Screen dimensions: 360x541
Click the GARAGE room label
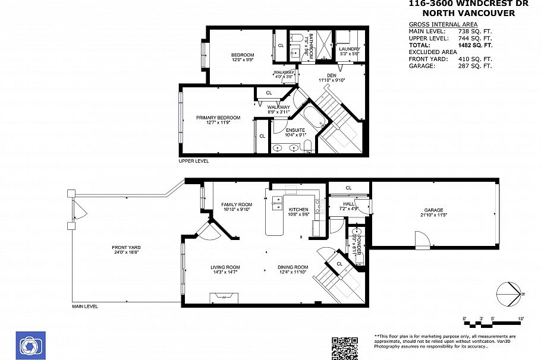pyautogui.click(x=434, y=210)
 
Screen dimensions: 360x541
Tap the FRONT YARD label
pyautogui.click(x=126, y=248)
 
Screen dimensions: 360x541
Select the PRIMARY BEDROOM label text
pyautogui.click(x=218, y=118)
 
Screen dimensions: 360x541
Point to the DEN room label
pyautogui.click(x=331, y=75)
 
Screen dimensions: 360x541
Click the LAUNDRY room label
pyautogui.click(x=349, y=49)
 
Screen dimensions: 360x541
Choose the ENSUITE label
pyautogui.click(x=295, y=130)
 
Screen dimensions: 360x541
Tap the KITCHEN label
pyautogui.click(x=298, y=210)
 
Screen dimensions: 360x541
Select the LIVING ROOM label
pyautogui.click(x=225, y=267)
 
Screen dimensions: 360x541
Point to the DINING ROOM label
pyautogui.click(x=293, y=267)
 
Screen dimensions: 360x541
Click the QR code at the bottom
pyautogui.click(x=345, y=348)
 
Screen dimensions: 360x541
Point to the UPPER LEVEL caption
pyautogui.click(x=194, y=161)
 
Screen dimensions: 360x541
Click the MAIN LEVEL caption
pyautogui.click(x=85, y=307)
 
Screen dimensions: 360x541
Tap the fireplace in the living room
pyautogui.click(x=224, y=298)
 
